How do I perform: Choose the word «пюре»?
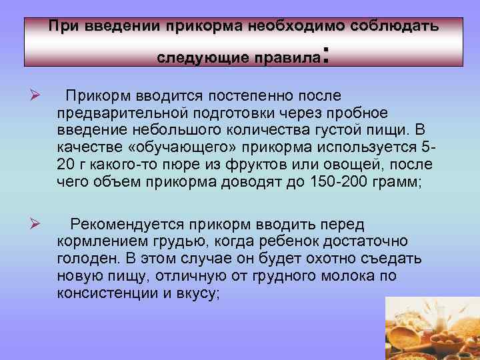pos(206,165)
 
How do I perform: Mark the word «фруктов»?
pos(267,165)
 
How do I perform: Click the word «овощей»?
pos(356,165)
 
